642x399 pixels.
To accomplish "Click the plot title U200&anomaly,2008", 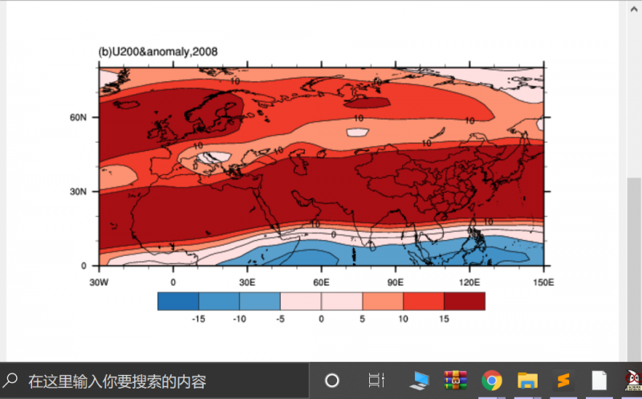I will point(157,52).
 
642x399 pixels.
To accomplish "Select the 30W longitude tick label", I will point(99,282).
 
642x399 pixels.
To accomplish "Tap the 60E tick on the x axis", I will point(321,282).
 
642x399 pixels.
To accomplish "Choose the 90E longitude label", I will point(395,282).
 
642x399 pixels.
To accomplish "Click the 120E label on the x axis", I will point(469,282).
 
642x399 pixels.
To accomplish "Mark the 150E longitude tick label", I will point(542,282).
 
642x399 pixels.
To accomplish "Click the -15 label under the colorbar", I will point(198,319).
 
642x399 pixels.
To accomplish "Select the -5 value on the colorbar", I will point(280,319).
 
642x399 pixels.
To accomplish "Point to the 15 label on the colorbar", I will point(444,319).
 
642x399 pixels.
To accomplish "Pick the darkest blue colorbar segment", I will point(178,300).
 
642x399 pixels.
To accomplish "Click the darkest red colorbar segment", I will point(465,300).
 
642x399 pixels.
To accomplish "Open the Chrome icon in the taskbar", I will point(492,381).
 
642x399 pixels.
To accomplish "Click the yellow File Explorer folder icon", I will point(527,381).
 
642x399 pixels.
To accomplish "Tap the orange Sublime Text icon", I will point(563,381).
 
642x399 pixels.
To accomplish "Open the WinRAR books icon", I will point(456,381).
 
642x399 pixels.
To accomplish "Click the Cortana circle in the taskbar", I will point(331,381).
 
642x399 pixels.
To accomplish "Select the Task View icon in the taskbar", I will point(375,381).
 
